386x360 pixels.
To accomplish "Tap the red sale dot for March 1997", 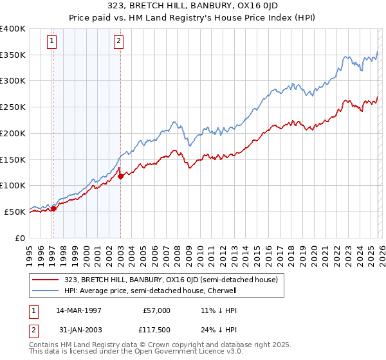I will (54, 208).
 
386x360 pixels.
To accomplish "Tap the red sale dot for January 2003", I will (120, 176).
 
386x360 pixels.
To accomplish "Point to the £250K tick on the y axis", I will (13, 107).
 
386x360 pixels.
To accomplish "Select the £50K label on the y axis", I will (15, 212).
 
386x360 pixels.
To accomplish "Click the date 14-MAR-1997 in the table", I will (78, 310).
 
